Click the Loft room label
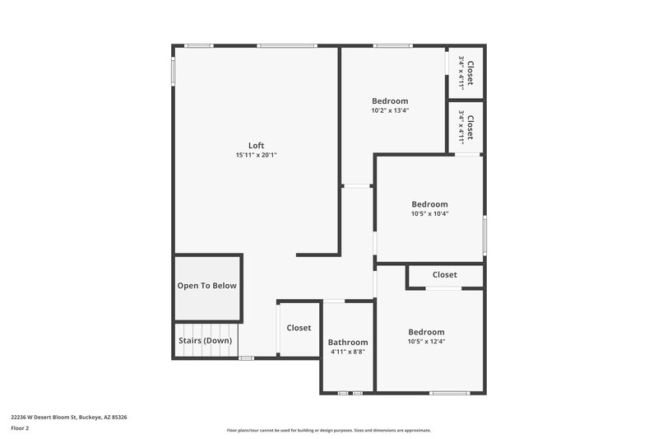coord(256,146)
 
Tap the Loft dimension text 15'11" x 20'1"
coord(256,155)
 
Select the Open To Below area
coord(207,286)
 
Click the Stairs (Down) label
coord(205,340)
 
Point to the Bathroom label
coord(348,342)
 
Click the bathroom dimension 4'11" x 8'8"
coord(348,351)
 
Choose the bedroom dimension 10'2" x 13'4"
coord(390,110)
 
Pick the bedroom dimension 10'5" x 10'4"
coord(429,213)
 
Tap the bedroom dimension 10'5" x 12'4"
coord(426,341)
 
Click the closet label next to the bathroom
coord(299,328)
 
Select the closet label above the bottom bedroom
coord(444,274)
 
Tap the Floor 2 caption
coord(20,428)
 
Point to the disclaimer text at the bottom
coord(328,430)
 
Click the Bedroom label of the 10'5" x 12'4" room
coord(426,332)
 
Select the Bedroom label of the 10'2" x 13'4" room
coord(390,101)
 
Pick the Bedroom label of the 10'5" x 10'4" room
coord(429,204)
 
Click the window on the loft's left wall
coord(173,70)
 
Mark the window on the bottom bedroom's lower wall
coord(449,393)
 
